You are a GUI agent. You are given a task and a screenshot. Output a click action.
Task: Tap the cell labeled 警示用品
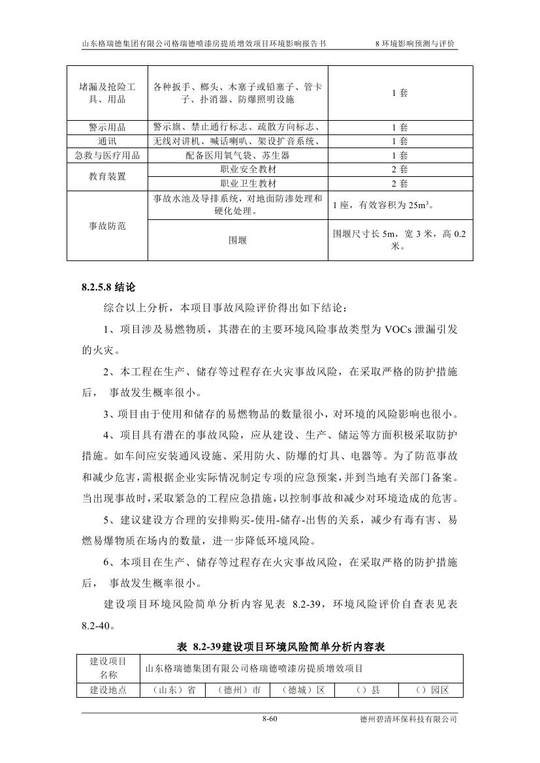click(107, 127)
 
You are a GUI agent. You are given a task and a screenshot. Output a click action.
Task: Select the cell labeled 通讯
click(107, 141)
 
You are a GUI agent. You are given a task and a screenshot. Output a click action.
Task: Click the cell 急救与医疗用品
click(107, 155)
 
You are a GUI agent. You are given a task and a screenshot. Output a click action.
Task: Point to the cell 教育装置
click(107, 176)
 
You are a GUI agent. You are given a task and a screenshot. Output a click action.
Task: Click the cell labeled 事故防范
click(107, 226)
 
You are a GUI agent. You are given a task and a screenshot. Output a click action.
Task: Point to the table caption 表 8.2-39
click(281, 647)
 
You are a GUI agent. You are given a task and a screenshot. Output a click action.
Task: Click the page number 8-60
click(270, 719)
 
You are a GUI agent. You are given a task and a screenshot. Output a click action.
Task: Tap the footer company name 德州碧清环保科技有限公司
click(408, 719)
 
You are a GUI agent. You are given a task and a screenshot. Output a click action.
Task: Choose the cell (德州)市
click(237, 689)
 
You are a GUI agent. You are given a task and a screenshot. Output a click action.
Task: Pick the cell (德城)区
click(302, 689)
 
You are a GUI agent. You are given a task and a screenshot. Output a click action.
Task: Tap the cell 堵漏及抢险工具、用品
click(107, 93)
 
